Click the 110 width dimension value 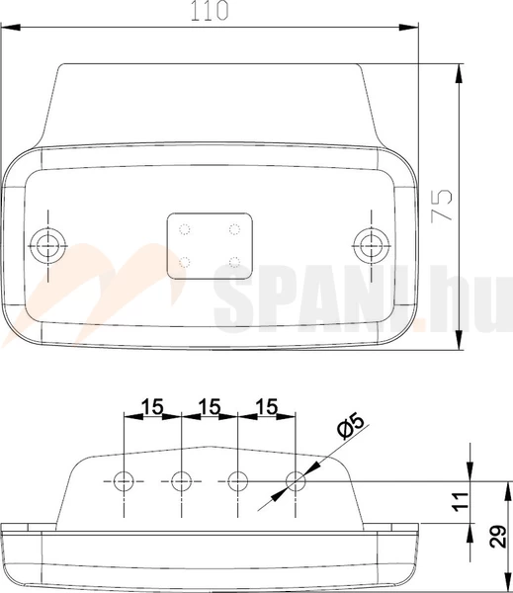(x=210, y=11)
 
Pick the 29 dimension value (x=498, y=537)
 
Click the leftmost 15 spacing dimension (x=152, y=406)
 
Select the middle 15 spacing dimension (x=210, y=406)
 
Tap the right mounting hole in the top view (x=371, y=242)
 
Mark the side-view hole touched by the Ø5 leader (x=295, y=481)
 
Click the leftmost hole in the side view (x=124, y=481)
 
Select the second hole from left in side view (x=181, y=481)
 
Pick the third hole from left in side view (x=237, y=481)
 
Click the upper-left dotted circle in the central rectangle (x=186, y=229)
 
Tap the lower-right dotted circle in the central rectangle (x=233, y=262)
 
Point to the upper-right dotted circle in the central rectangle (x=233, y=229)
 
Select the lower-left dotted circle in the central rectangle (x=186, y=262)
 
